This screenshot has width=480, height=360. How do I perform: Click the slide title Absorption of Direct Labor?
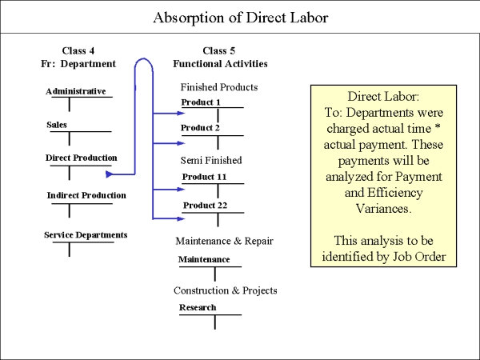pos(241,18)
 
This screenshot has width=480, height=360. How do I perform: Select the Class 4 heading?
pos(78,50)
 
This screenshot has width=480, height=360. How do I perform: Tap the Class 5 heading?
pos(219,50)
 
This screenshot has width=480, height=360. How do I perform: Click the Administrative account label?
pos(76,91)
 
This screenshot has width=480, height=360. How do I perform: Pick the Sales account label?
pos(57,125)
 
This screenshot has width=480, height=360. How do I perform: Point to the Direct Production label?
pos(81,158)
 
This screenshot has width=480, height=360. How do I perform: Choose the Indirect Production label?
pos(86,195)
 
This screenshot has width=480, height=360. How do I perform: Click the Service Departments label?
pos(86,234)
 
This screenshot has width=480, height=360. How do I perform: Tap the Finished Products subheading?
pos(219,87)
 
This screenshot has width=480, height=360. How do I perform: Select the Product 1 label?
pos(201,102)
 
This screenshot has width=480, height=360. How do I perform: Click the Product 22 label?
pos(205,206)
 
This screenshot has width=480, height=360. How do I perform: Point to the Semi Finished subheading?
pos(211,161)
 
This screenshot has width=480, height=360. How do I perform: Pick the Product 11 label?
pos(204,177)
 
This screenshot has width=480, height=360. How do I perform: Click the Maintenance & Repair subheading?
pos(224,242)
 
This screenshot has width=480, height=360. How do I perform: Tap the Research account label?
pos(198,307)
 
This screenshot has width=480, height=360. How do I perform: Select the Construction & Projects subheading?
pos(226,290)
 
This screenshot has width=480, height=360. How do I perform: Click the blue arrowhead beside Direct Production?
pos(110,174)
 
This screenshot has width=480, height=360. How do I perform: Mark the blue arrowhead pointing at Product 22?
pos(181,218)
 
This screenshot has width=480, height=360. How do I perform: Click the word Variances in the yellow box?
pos(383,209)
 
